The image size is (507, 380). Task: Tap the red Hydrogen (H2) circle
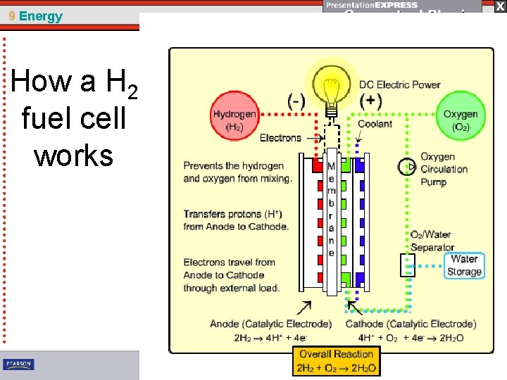[235, 120]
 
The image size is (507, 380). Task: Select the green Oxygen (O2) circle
[460, 120]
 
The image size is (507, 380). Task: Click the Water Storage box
[464, 266]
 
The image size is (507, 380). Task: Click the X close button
[499, 6]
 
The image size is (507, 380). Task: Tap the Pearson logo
[18, 365]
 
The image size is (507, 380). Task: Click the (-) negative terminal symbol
[296, 101]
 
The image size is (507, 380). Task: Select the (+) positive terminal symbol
[370, 101]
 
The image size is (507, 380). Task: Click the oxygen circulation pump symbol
[406, 167]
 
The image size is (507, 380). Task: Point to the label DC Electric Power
[399, 84]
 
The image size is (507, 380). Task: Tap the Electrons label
[280, 138]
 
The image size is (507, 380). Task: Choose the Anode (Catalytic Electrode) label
[270, 324]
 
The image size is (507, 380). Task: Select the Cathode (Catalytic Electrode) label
[411, 324]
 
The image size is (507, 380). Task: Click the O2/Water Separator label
[432, 241]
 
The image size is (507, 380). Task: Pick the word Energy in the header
[41, 16]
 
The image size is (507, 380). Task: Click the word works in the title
[73, 156]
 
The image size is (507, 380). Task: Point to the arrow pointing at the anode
[304, 308]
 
